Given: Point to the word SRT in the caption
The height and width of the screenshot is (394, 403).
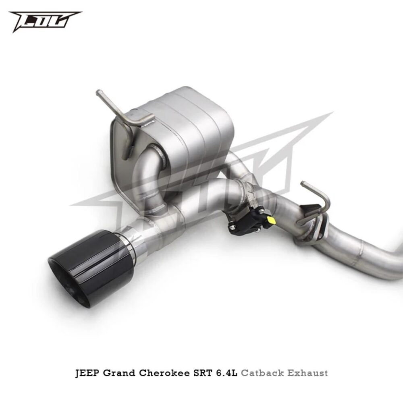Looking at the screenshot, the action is (x=202, y=373).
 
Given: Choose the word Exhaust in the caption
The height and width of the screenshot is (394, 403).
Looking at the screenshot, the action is (x=307, y=373).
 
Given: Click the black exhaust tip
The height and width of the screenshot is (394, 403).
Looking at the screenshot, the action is (x=91, y=267).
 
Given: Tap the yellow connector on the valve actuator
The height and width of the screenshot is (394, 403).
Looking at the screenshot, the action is (x=271, y=220).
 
